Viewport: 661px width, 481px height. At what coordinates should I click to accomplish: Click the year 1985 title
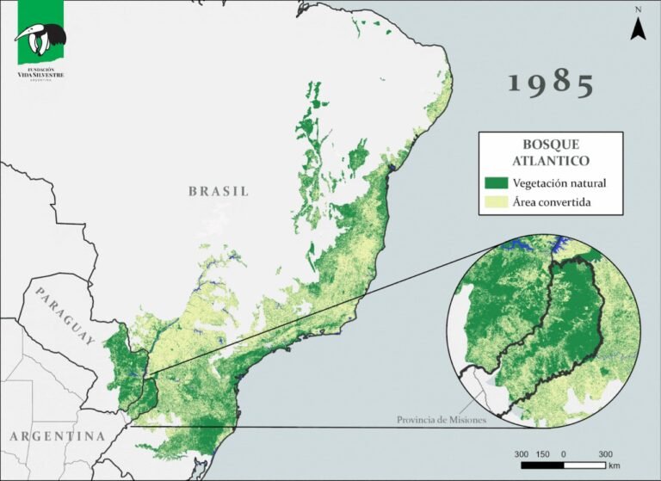point(551,84)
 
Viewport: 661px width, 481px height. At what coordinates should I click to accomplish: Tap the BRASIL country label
point(219,191)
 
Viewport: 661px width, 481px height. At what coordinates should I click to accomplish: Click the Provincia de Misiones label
point(442,420)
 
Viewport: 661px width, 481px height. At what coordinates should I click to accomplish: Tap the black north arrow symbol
point(638,29)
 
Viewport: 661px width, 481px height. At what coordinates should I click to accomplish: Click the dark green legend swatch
point(497,183)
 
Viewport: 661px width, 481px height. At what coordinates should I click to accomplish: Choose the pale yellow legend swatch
point(497,203)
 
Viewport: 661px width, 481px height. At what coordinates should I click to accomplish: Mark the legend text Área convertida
point(553,203)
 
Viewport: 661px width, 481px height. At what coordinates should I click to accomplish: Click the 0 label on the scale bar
point(564,453)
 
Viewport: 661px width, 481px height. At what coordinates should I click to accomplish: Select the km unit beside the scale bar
point(614,466)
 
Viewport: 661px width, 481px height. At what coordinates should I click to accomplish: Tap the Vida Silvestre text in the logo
point(40,75)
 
